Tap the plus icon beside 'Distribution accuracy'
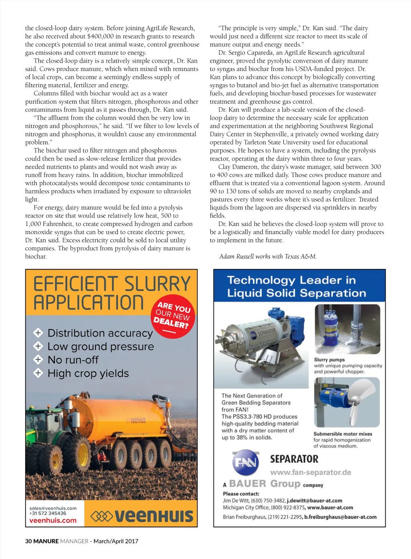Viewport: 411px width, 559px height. [38, 333]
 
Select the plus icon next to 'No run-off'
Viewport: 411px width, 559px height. [38, 360]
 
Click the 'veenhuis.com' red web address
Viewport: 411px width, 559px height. [53, 520]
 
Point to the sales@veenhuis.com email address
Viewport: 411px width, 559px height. [53, 508]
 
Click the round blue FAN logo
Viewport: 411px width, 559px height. [245, 463]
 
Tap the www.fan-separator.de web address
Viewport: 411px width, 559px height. [310, 472]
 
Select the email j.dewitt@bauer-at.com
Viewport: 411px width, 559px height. [314, 501]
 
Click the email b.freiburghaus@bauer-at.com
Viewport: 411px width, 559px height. [340, 517]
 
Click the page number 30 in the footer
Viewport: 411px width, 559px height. [28, 541]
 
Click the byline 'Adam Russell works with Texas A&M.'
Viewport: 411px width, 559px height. [268, 256]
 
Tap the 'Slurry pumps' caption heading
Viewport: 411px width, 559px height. [329, 360]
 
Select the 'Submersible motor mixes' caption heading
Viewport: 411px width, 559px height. [342, 434]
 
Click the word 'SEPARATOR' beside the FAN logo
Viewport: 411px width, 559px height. [294, 459]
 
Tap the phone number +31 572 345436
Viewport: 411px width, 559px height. [48, 513]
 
